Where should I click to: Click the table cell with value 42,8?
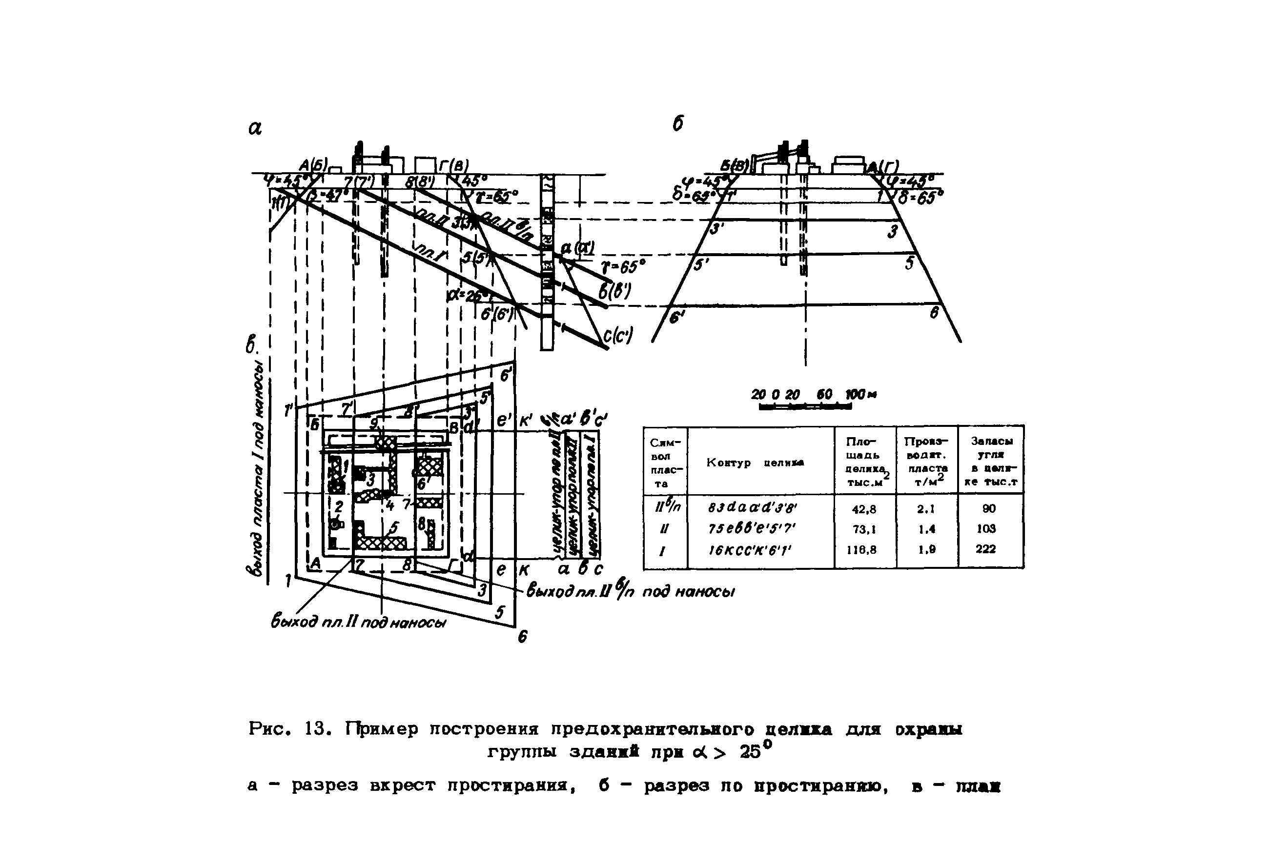[864, 509]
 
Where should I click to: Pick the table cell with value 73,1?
[864, 530]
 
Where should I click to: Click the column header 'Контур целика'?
[755, 462]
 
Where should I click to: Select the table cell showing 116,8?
[864, 550]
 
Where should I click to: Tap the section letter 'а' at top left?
[255, 129]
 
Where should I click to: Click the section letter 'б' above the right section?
[677, 124]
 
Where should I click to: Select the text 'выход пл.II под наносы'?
[358, 623]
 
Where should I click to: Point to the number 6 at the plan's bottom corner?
[522, 637]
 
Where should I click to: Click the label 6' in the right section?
[676, 318]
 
